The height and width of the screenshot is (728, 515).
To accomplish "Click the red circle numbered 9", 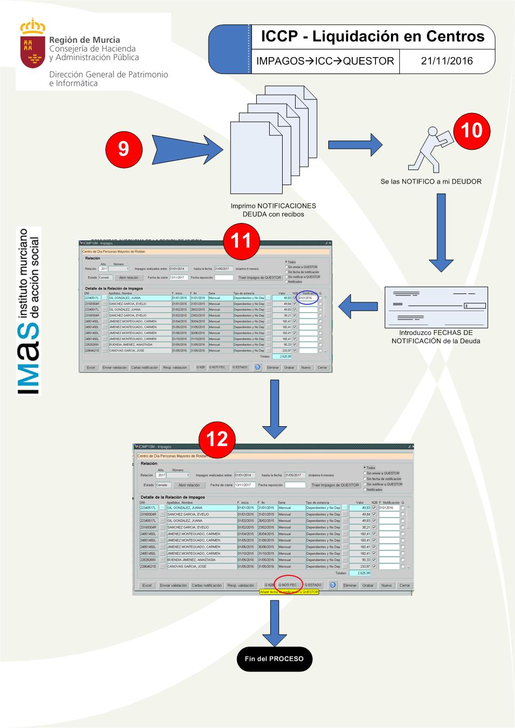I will click(123, 149).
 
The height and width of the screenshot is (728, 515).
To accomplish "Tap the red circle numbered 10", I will click(471, 130).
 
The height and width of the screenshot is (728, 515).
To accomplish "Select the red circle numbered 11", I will click(241, 241).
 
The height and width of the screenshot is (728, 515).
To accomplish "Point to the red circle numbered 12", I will click(217, 439).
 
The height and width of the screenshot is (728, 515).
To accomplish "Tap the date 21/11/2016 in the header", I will click(447, 61).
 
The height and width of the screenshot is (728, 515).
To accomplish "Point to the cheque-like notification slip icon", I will click(436, 306).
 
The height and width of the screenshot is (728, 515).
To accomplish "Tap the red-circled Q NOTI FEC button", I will click(288, 585).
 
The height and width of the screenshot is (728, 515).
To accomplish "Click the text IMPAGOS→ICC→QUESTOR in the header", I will click(325, 61).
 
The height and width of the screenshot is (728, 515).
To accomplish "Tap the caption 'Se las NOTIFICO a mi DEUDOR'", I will click(430, 181).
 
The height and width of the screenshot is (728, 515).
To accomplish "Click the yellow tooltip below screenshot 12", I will click(289, 592).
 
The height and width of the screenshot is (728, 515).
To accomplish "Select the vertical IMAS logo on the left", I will click(29, 310).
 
